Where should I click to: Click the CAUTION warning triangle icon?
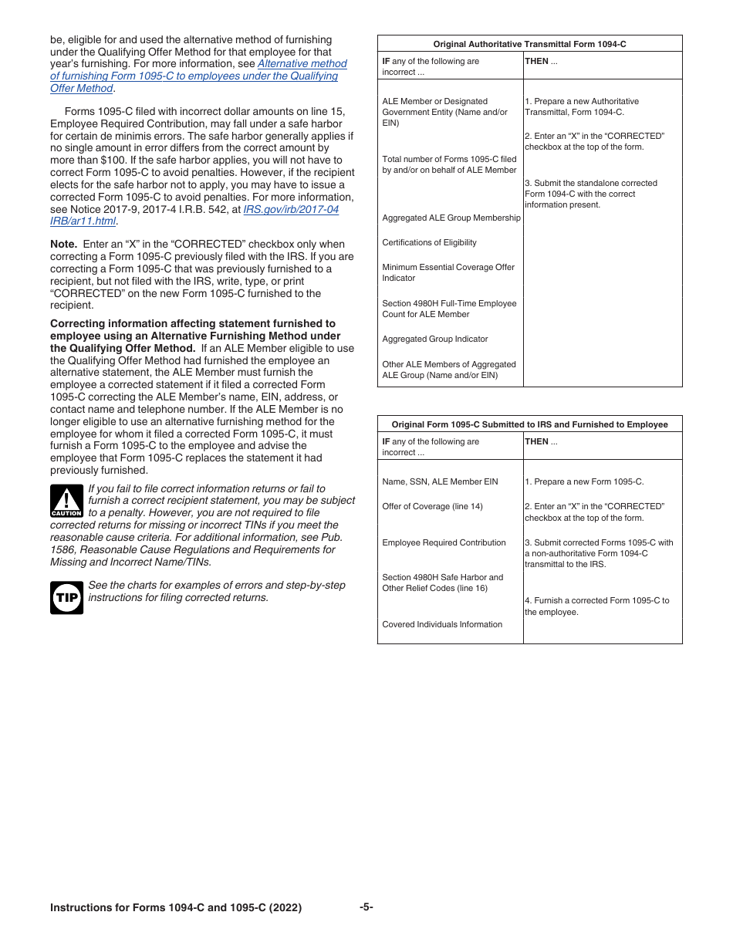[x=66, y=501]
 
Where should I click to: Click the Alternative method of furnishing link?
[x=302, y=64]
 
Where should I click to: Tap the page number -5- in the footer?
[x=366, y=907]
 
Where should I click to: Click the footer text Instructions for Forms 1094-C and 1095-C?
[x=175, y=908]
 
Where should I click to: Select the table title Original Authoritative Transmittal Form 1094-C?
[x=529, y=45]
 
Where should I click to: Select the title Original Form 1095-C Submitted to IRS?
[x=529, y=424]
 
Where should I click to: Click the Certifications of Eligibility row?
[x=429, y=242]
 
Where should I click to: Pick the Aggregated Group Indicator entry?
[x=435, y=339]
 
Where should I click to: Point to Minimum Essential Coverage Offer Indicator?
[x=448, y=272]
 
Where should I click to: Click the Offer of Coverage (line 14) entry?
[x=432, y=506]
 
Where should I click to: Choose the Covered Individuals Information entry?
[x=442, y=624]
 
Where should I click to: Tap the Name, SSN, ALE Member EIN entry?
[x=440, y=481]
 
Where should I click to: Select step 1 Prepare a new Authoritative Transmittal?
[x=582, y=106]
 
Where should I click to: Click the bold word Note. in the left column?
[x=63, y=244]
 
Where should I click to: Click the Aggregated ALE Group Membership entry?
[x=451, y=218]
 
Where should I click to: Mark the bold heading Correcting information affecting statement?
[x=193, y=324]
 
